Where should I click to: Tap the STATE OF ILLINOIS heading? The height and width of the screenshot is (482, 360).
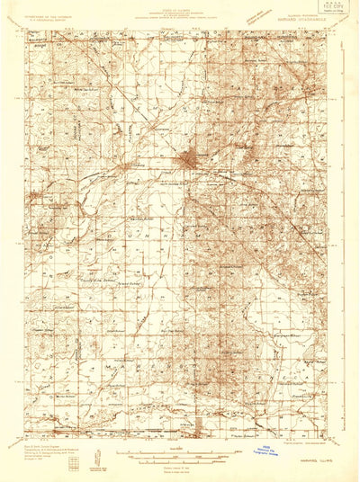(180, 5)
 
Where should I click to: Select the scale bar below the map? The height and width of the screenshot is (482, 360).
(180, 454)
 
